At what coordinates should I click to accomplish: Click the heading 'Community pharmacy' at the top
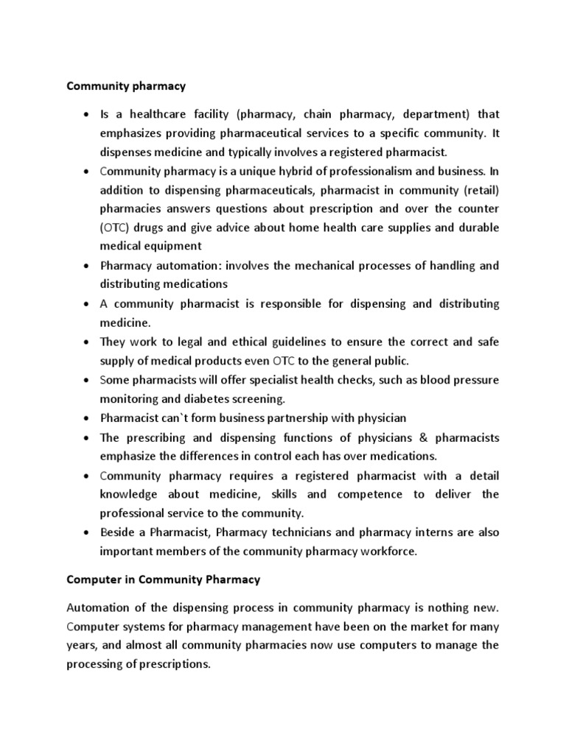coord(127,86)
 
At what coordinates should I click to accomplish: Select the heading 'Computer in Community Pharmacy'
coord(164,579)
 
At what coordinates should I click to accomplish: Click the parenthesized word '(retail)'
coord(480,190)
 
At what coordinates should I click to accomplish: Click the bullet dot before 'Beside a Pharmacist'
coord(87,532)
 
